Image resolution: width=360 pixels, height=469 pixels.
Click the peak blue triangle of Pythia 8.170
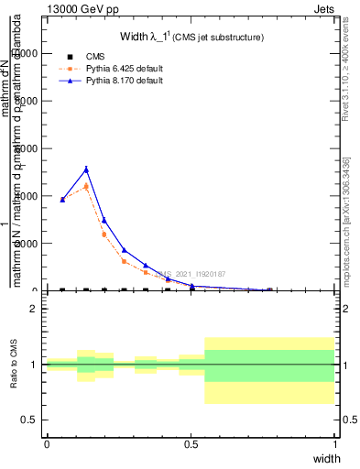(86, 169)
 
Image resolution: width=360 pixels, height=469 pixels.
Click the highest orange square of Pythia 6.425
(86, 186)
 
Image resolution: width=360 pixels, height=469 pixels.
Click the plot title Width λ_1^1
(191, 37)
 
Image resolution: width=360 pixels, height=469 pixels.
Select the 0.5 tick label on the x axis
(191, 443)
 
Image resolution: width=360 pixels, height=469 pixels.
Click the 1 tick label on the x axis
(334, 443)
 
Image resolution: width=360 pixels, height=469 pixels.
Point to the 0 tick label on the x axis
(47, 443)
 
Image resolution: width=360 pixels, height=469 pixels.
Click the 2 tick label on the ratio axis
(33, 309)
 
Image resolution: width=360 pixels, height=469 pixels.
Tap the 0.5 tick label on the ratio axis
(29, 420)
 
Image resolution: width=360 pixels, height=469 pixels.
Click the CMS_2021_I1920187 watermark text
(190, 273)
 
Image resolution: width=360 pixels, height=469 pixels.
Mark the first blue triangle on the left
(62, 199)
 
